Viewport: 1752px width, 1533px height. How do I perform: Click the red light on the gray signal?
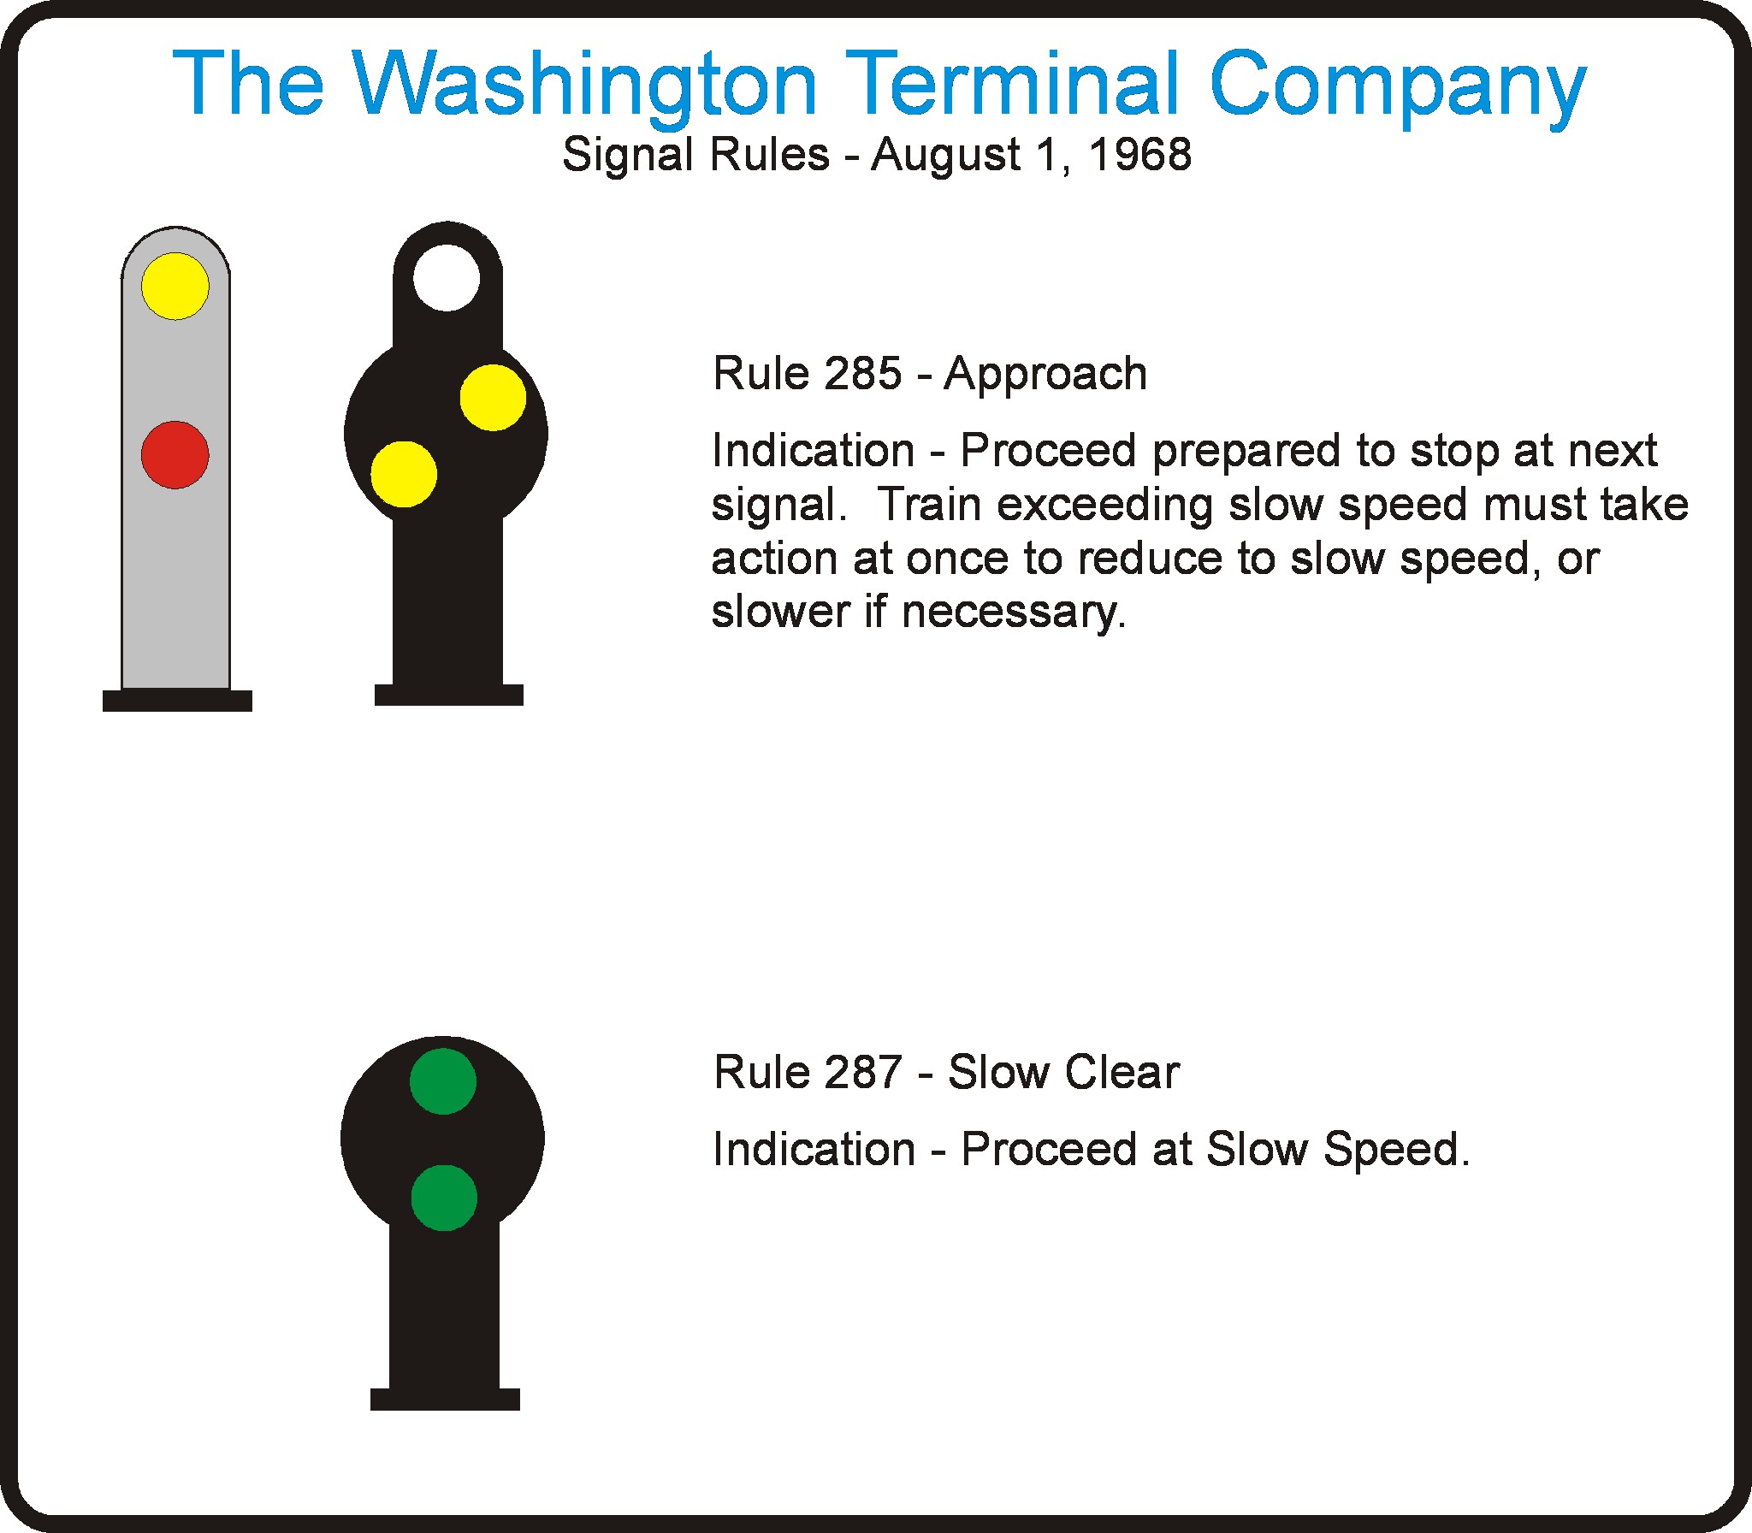pyautogui.click(x=175, y=454)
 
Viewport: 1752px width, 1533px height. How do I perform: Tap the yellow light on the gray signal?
pyautogui.click(x=175, y=286)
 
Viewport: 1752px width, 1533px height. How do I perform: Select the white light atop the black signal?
pyautogui.click(x=447, y=278)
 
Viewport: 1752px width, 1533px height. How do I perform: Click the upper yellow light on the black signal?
pyautogui.click(x=493, y=397)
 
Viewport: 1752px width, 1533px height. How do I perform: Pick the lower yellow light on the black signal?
pyautogui.click(x=404, y=474)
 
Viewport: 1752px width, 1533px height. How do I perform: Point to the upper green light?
pyautogui.click(x=443, y=1081)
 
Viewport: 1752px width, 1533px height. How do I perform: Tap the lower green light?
pyautogui.click(x=444, y=1198)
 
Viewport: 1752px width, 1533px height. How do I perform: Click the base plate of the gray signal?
pyautogui.click(x=177, y=701)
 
